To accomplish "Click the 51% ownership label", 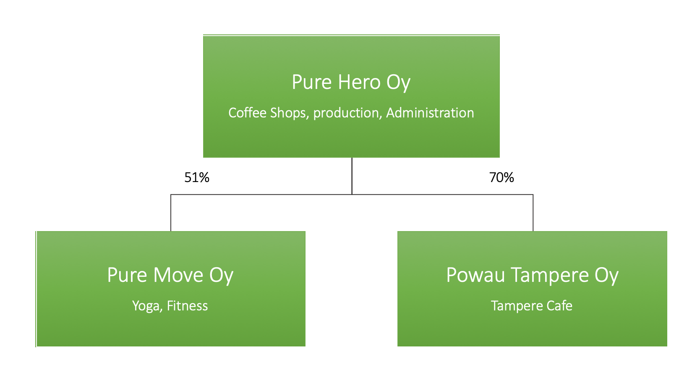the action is tap(196, 178).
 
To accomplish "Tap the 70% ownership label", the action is tap(501, 178).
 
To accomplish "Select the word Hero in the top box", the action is tap(359, 82).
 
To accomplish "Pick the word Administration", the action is tap(430, 113).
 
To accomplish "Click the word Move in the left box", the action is tap(178, 275).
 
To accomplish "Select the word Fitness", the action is tap(187, 306).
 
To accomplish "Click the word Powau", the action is tap(475, 275).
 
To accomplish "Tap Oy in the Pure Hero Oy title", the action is tap(398, 83).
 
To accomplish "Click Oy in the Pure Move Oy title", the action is tap(221, 276).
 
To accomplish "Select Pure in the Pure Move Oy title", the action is tap(127, 275).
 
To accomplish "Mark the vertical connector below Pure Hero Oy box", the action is tap(352, 176).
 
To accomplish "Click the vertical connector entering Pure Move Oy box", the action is tap(171, 213).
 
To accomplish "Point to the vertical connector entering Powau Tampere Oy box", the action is tap(533, 213).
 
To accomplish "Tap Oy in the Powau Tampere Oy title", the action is tap(606, 276).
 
